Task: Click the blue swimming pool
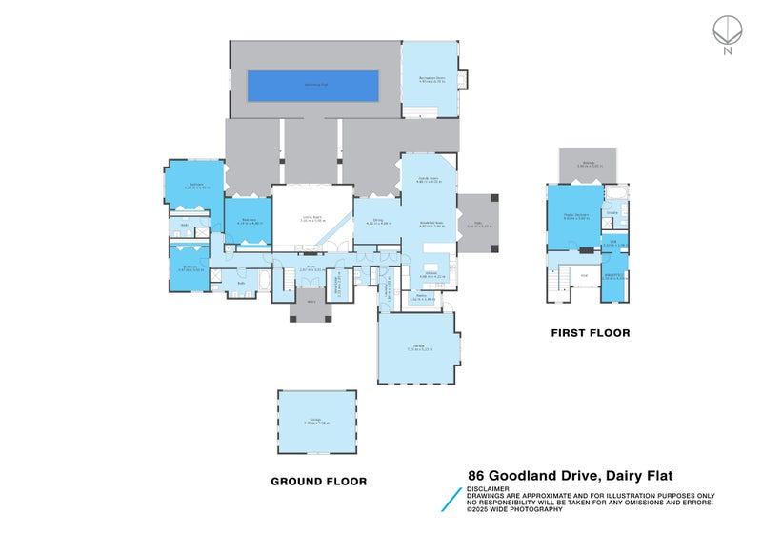pyautogui.click(x=313, y=86)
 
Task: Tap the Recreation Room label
pyautogui.click(x=431, y=79)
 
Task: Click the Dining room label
pyautogui.click(x=378, y=223)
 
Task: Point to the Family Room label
pyautogui.click(x=427, y=180)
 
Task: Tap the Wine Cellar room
pyautogui.click(x=338, y=284)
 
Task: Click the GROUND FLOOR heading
pyautogui.click(x=318, y=482)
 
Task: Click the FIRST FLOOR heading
pyautogui.click(x=591, y=333)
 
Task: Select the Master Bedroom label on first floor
pyautogui.click(x=574, y=216)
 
